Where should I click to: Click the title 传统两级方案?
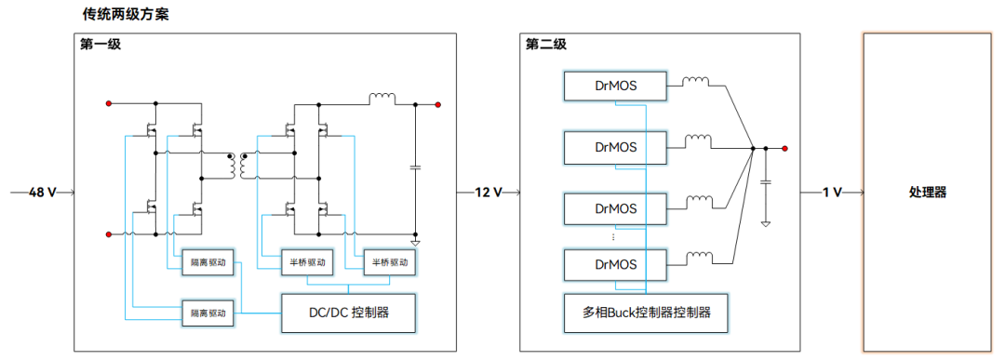click(126, 16)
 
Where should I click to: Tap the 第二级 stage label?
click(545, 44)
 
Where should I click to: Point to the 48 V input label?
click(43, 193)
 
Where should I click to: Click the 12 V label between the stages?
click(488, 193)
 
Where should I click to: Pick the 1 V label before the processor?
click(831, 193)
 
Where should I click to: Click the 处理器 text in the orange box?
click(927, 193)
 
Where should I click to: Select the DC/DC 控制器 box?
click(348, 313)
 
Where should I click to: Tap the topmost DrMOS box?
click(615, 87)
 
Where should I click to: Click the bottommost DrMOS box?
click(615, 265)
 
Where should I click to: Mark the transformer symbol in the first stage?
click(237, 165)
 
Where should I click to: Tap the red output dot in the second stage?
click(785, 148)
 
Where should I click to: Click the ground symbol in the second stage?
click(765, 222)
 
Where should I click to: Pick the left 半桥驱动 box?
click(305, 262)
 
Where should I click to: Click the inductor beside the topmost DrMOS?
click(695, 82)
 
